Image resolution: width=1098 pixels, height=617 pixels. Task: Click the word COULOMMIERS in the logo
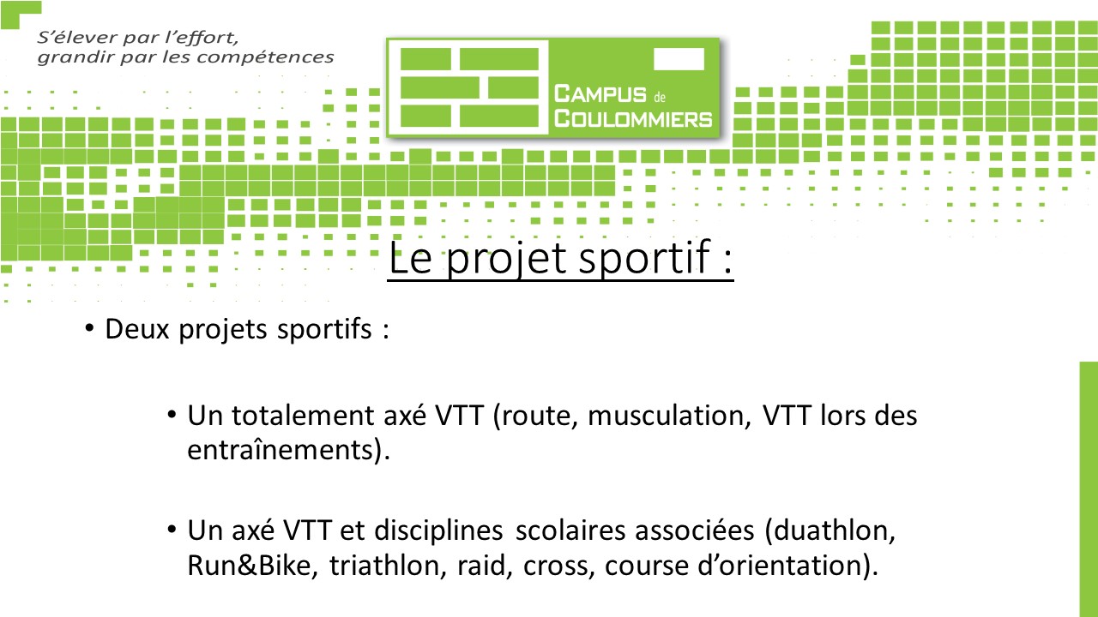[633, 119]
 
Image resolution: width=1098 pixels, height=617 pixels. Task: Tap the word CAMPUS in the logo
[600, 94]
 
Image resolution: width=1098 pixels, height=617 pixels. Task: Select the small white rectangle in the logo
[679, 59]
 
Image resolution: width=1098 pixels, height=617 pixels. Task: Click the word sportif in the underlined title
[645, 258]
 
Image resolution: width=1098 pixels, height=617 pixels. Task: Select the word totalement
[303, 416]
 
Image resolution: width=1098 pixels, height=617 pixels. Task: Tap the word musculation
[668, 416]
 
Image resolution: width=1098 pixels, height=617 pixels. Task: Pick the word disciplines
[438, 531]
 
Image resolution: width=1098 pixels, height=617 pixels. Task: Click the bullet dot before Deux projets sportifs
[89, 328]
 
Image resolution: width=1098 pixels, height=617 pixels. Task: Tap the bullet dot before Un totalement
[172, 415]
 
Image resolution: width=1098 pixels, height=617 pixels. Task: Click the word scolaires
[570, 530]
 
